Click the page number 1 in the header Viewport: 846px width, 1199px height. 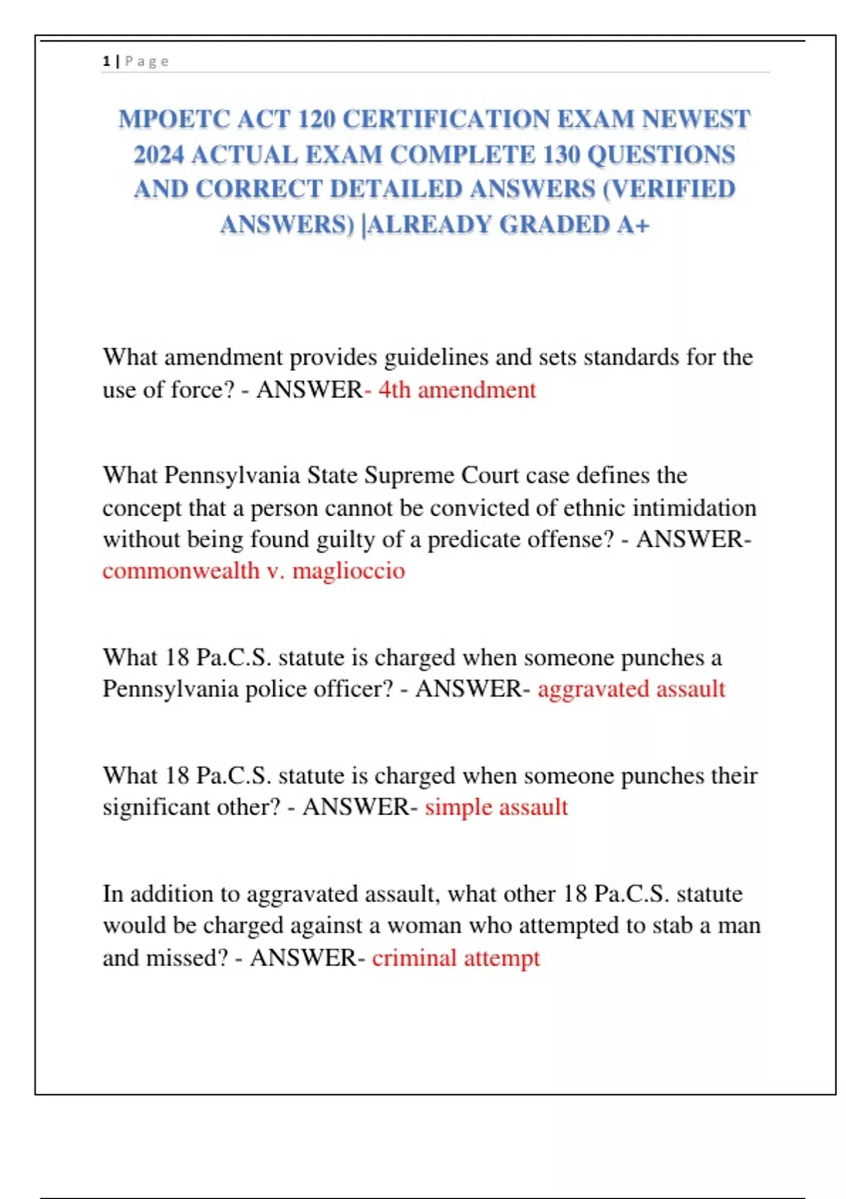(106, 61)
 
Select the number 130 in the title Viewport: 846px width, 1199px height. (562, 154)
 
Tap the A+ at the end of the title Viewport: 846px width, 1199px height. (633, 225)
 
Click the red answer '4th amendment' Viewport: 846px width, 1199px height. (458, 390)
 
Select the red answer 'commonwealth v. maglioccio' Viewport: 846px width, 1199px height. (254, 571)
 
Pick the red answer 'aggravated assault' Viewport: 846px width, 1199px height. (631, 689)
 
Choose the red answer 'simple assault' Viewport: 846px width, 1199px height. (496, 807)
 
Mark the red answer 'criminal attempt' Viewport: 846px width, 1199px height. (456, 958)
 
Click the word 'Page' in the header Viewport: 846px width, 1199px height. (147, 61)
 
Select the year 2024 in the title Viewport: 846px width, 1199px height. (159, 154)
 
